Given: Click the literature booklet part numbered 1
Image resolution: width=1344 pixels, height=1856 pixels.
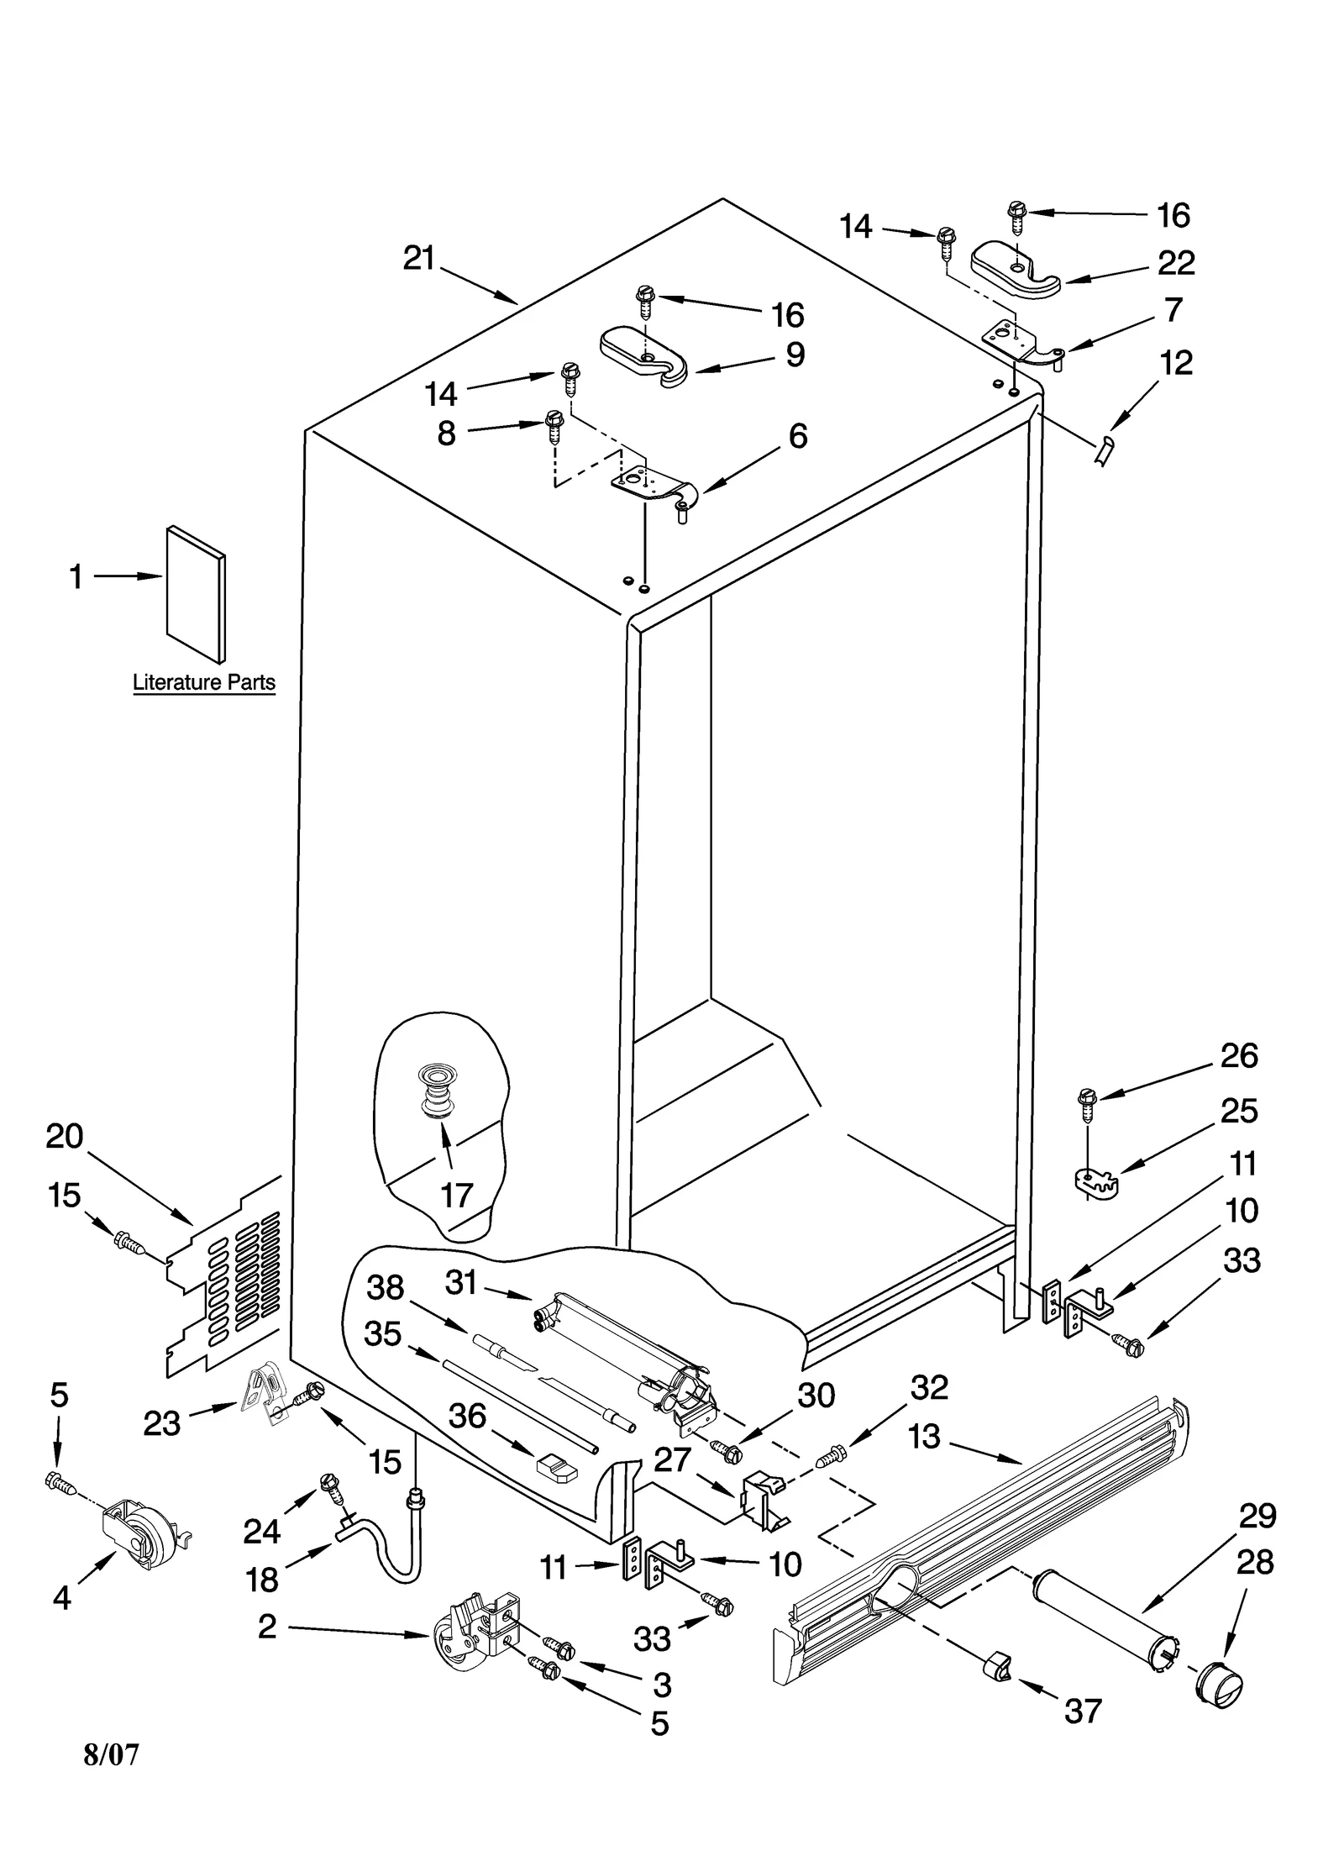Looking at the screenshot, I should (x=196, y=593).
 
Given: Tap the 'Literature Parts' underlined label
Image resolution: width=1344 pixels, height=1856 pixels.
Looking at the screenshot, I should (x=204, y=682).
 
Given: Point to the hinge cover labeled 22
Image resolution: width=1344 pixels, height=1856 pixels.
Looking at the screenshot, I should (x=1015, y=271).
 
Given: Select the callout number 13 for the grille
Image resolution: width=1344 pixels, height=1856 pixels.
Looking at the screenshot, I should (x=923, y=1436).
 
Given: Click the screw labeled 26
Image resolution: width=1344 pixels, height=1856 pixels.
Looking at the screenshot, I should (x=1087, y=1106).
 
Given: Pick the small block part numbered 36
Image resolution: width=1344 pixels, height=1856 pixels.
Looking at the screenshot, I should (x=556, y=1466).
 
